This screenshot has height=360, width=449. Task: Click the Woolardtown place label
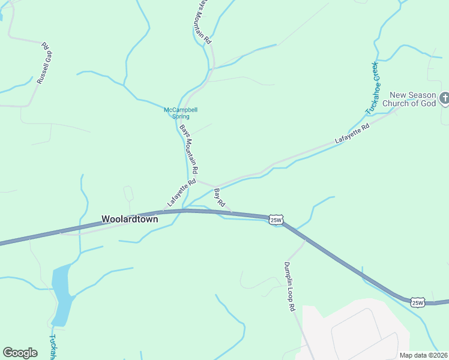130,220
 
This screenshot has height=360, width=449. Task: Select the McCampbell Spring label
181,113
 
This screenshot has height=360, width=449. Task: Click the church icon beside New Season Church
444,98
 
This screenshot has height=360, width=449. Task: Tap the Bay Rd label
219,197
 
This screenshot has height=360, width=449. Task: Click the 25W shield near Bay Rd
276,220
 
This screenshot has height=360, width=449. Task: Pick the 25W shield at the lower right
418,302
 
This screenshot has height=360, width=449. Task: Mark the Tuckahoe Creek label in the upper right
373,88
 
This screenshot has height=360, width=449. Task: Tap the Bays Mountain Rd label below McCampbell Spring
189,149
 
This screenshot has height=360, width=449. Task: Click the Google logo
20,352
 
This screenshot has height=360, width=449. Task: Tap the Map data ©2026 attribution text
423,355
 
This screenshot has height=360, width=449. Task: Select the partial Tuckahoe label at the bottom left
52,347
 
